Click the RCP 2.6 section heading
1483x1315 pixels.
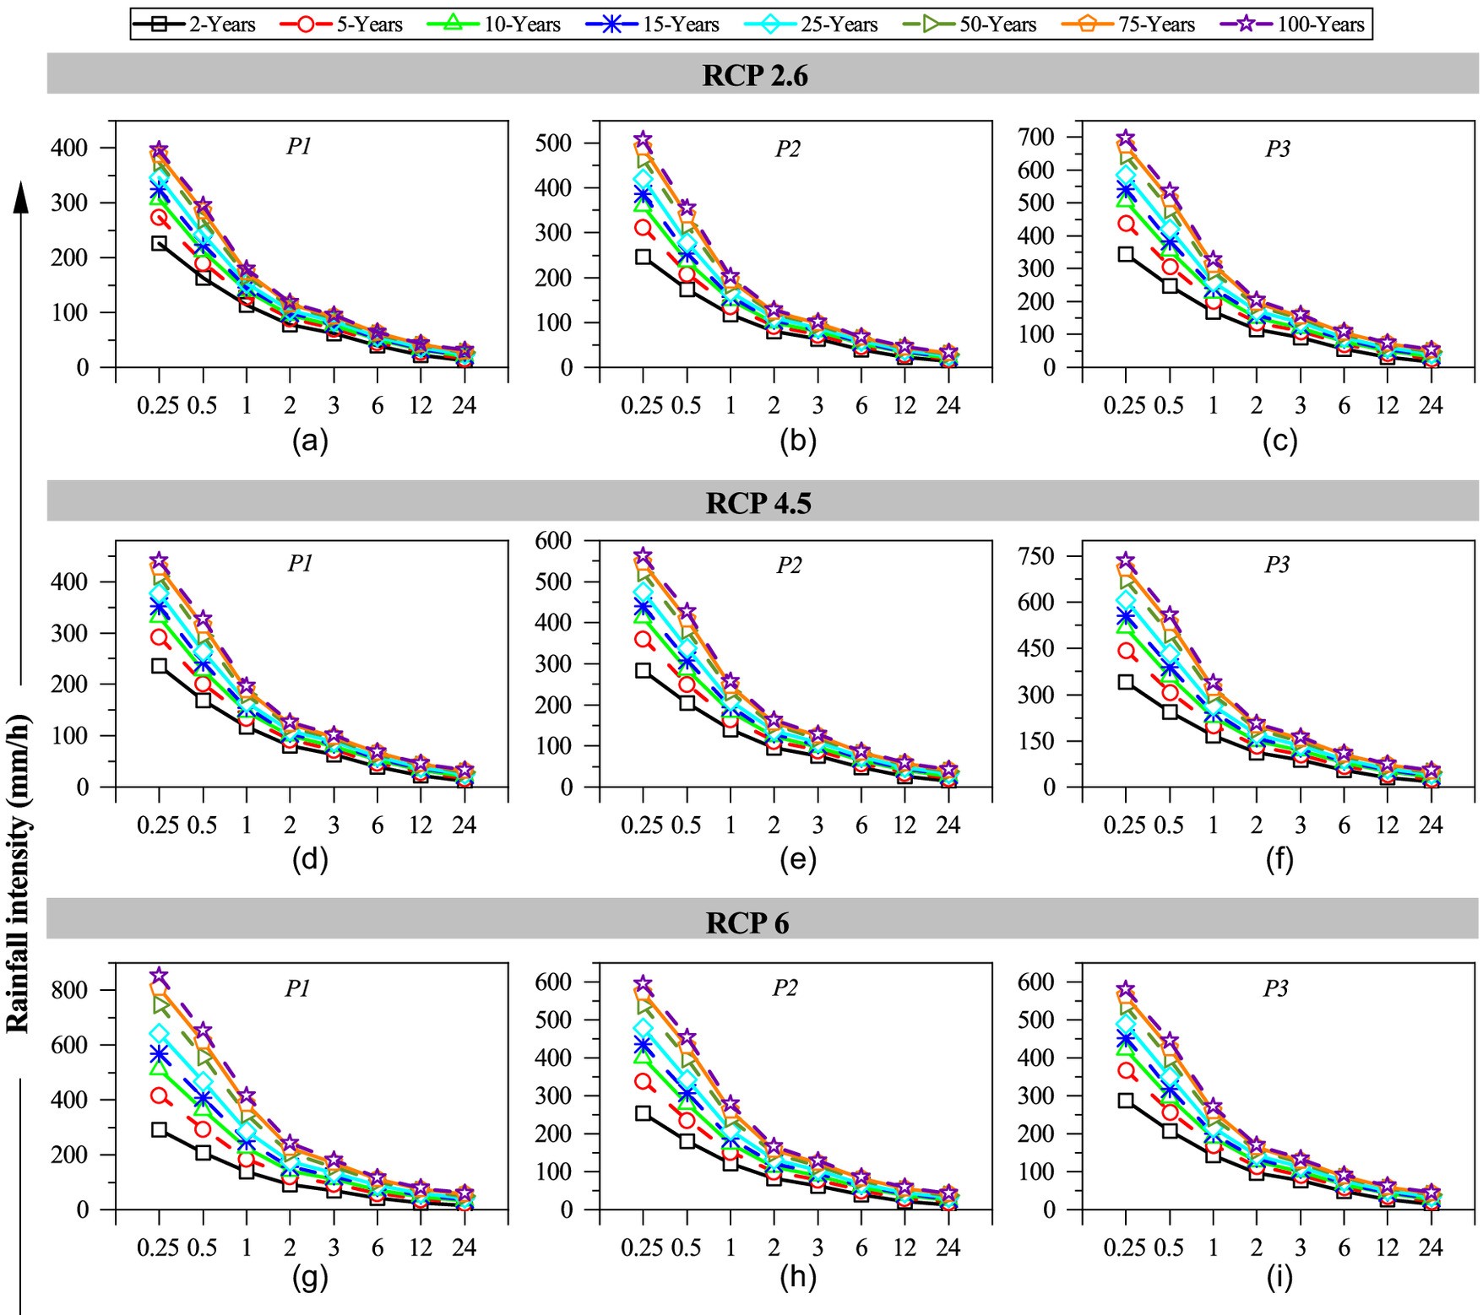pyautogui.click(x=755, y=76)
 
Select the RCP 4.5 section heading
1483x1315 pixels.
pyautogui.click(x=758, y=503)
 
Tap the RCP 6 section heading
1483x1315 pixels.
pyautogui.click(x=747, y=923)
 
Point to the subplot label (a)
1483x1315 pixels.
pyautogui.click(x=310, y=441)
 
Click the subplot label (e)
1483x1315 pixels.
pyautogui.click(x=798, y=859)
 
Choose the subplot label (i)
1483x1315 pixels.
pyautogui.click(x=1279, y=1278)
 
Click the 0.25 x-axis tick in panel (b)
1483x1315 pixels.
pyautogui.click(x=642, y=406)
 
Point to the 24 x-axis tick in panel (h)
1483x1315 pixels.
pyautogui.click(x=948, y=1247)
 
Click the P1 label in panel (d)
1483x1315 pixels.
pyautogui.click(x=300, y=564)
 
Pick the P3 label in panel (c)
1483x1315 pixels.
pyautogui.click(x=1278, y=149)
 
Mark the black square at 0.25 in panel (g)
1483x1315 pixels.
pyautogui.click(x=159, y=1129)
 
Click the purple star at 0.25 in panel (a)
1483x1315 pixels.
pyautogui.click(x=159, y=150)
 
